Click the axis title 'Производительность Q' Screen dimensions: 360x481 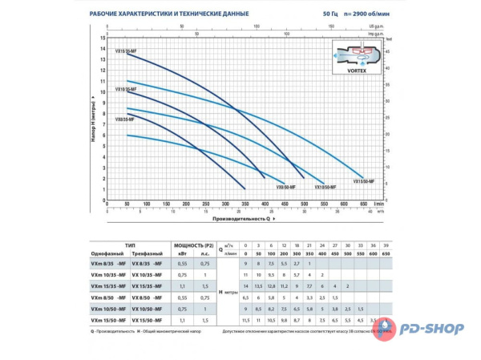coord(240,217)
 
